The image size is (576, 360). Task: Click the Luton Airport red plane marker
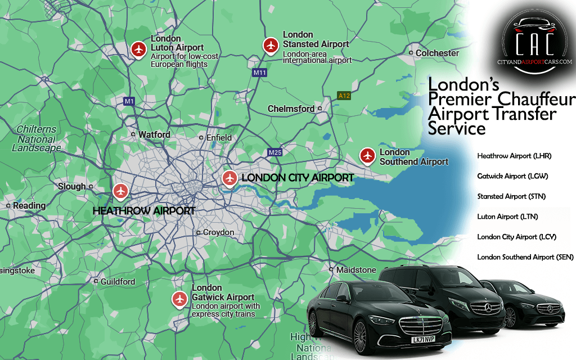[138, 49]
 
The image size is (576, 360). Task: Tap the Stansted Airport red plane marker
[271, 45]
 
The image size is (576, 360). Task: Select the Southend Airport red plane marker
[367, 155]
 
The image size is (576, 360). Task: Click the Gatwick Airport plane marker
[180, 299]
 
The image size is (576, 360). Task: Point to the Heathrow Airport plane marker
[120, 191]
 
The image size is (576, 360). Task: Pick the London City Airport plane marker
[229, 178]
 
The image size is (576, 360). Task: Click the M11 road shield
[259, 73]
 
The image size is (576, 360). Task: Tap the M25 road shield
[275, 152]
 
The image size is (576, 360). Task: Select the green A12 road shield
[344, 96]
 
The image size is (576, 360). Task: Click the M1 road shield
[129, 101]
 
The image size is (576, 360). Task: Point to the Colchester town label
[437, 53]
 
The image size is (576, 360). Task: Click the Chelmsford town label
[291, 109]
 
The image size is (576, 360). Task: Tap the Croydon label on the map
[218, 232]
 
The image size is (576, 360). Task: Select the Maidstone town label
[356, 270]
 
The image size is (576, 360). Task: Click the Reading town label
[29, 206]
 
